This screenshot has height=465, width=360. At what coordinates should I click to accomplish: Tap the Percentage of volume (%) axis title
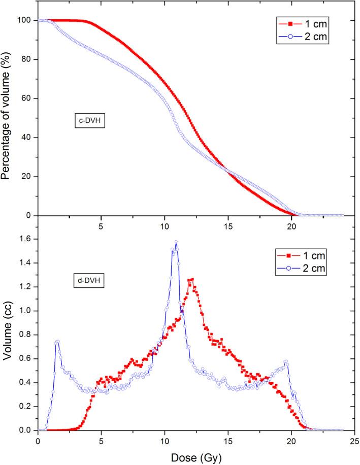coord(7,118)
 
